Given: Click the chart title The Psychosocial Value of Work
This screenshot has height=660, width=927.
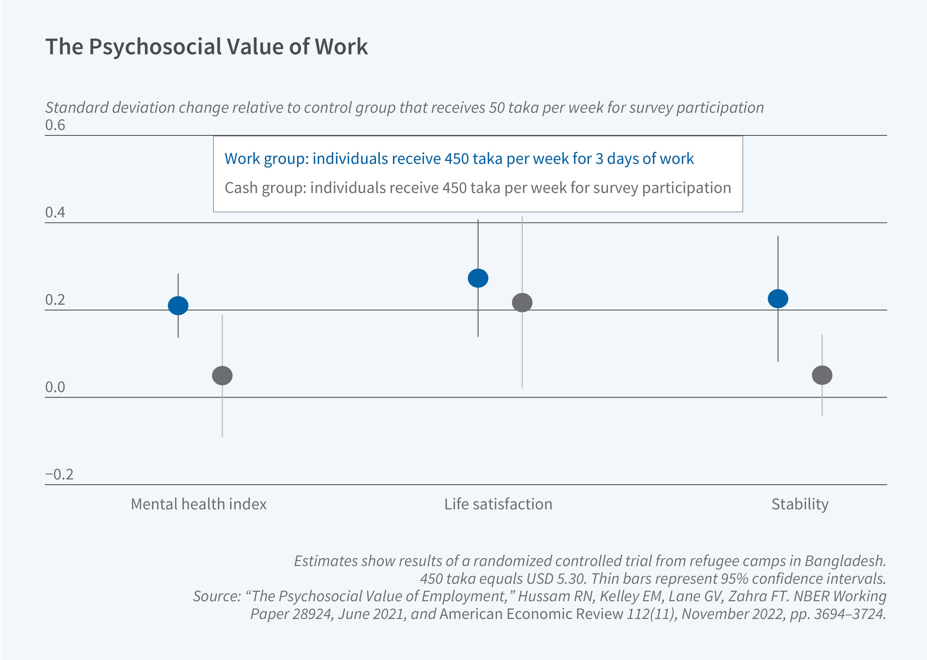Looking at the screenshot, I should point(207,47).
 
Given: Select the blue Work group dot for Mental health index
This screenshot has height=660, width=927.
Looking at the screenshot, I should point(178,305).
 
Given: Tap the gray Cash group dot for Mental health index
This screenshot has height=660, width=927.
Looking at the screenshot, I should point(222,375).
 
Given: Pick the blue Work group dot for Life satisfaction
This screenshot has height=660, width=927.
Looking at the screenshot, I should point(478,278).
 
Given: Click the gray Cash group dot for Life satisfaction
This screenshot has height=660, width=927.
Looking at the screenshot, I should point(522,302).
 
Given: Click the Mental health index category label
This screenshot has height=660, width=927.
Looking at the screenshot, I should point(199,504).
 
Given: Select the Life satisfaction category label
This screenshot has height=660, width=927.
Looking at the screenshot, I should point(498,504).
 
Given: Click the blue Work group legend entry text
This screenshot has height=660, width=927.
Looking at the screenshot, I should point(459,159).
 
